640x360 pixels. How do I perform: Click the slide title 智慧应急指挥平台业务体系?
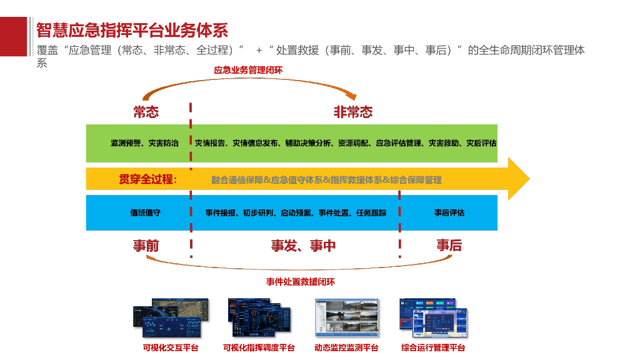(x=132, y=30)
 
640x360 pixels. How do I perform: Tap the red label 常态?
(x=146, y=112)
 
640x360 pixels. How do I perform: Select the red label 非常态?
(x=352, y=112)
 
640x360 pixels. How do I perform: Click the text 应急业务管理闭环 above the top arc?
(x=248, y=71)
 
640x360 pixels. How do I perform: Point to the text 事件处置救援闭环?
(x=300, y=282)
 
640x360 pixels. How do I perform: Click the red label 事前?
(x=146, y=246)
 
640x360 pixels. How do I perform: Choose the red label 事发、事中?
(x=303, y=246)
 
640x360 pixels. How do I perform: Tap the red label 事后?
(x=449, y=246)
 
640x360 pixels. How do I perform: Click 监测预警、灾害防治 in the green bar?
(x=144, y=143)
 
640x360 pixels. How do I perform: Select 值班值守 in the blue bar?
(x=145, y=212)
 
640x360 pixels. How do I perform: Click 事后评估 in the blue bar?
(x=449, y=212)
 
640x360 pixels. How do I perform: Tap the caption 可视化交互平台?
(x=171, y=347)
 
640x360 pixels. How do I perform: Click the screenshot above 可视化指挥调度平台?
(x=259, y=319)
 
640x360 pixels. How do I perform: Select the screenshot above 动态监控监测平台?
(x=346, y=319)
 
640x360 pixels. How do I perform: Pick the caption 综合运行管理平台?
(x=432, y=347)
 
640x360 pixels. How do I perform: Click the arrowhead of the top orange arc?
(x=353, y=97)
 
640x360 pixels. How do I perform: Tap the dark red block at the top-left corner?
(x=13, y=36)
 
